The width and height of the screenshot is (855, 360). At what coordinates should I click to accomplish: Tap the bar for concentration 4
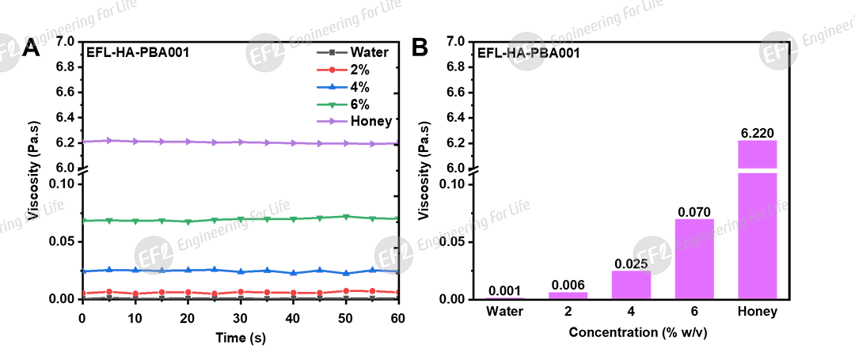[631, 284]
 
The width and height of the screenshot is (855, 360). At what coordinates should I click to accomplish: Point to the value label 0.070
[693, 211]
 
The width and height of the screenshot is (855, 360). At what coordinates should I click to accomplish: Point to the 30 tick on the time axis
[240, 316]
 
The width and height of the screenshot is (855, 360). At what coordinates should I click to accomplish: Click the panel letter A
[32, 49]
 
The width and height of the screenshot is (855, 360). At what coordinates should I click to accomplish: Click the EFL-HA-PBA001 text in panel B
[528, 54]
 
